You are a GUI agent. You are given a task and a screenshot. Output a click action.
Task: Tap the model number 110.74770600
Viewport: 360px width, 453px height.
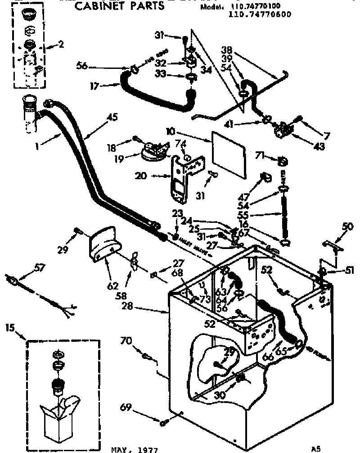[261, 14]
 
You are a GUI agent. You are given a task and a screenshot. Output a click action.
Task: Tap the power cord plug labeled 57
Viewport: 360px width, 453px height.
[14, 283]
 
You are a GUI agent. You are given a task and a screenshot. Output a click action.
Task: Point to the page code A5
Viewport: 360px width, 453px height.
[317, 448]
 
